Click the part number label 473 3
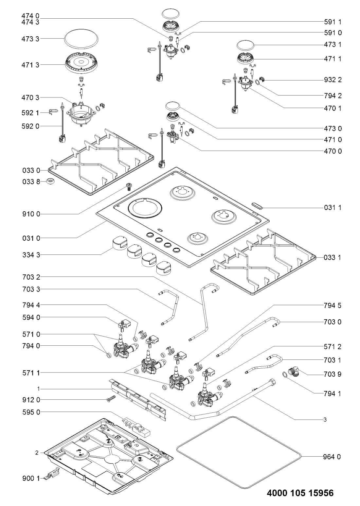tap(30, 39)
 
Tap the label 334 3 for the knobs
tap(31, 255)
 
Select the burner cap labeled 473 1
tap(246, 45)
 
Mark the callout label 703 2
tap(31, 277)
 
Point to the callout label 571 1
tap(31, 373)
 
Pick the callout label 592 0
tap(30, 126)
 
